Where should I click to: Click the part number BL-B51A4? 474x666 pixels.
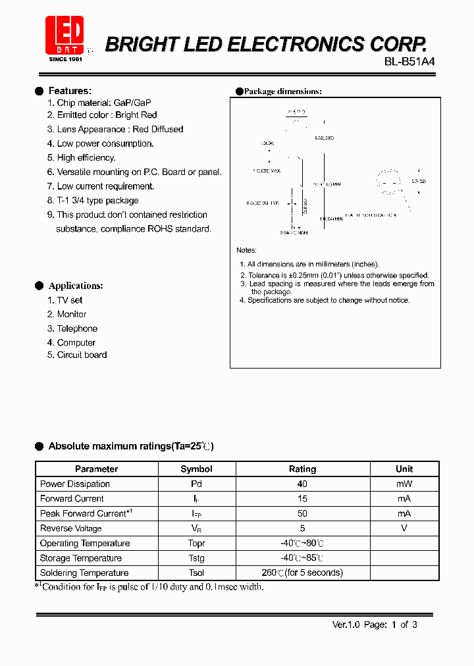coord(409,61)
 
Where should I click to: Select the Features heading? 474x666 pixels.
coord(70,91)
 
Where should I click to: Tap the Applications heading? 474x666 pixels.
coord(76,286)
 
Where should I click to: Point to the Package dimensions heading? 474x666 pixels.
coord(282,91)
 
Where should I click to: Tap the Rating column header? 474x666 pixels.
coord(302,469)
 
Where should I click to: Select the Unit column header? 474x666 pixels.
coord(404,469)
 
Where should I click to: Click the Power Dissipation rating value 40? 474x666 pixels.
coord(302,484)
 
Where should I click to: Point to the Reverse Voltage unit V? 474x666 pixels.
coord(404,528)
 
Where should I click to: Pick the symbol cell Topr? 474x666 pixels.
coord(196,544)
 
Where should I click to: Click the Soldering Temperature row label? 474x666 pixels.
coord(84,573)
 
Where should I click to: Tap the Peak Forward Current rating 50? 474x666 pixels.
coord(302,513)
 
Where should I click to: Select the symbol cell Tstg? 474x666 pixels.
coord(196,558)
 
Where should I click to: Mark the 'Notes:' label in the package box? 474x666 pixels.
coord(247,251)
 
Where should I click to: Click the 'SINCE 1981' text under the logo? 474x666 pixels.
coord(65,59)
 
